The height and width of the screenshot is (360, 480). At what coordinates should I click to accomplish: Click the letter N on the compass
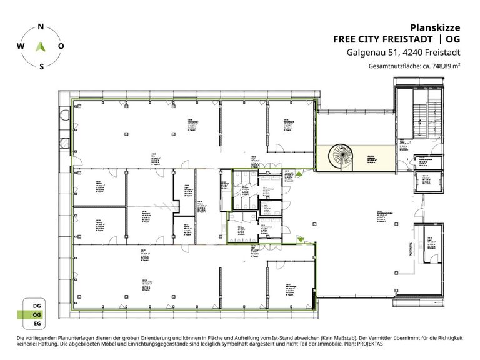click(41, 27)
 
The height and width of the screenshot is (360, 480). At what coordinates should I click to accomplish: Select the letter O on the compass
click(61, 46)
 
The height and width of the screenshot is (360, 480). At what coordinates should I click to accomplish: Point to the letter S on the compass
click(41, 66)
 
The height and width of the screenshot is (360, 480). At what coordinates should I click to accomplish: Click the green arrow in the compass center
click(41, 46)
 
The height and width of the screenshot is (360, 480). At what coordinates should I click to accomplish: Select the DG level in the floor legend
click(37, 305)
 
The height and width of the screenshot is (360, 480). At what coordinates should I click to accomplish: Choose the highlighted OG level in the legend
click(37, 316)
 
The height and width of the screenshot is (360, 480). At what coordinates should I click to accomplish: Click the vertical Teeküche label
click(411, 249)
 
